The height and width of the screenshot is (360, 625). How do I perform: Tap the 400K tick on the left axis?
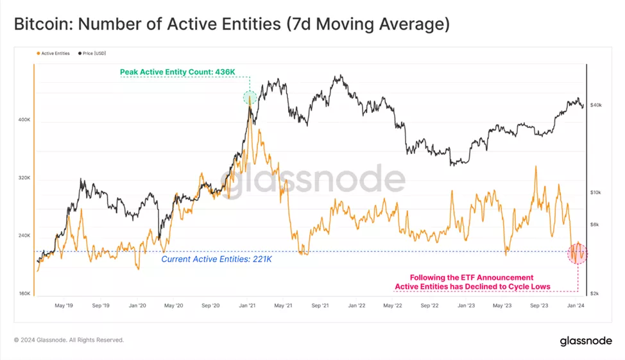(x=24, y=120)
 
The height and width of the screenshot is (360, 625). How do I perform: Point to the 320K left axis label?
(x=24, y=178)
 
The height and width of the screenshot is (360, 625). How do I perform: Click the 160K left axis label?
(x=24, y=294)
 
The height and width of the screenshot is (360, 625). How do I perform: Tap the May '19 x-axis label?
(x=64, y=306)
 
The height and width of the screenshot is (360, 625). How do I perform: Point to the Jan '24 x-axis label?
(x=576, y=306)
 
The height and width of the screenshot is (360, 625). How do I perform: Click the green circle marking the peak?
(x=250, y=98)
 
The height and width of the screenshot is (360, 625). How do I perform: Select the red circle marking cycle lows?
(x=578, y=253)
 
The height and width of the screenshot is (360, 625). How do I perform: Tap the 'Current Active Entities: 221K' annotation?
(x=216, y=259)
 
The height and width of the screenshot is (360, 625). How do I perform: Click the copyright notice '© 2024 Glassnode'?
(x=69, y=340)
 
